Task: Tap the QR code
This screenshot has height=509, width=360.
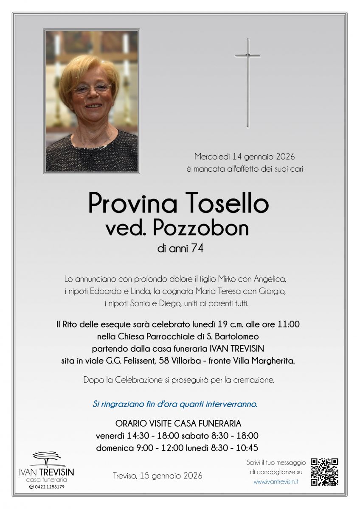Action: pos(324,472)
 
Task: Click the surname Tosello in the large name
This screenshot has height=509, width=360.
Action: pos(225,204)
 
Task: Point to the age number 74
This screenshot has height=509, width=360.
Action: pos(197,249)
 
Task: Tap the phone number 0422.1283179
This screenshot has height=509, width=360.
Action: pos(49,487)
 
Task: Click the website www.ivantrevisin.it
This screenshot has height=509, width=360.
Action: pos(276,482)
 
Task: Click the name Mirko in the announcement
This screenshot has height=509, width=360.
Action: pos(229,279)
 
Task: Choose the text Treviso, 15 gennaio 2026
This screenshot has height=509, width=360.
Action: pos(157,476)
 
